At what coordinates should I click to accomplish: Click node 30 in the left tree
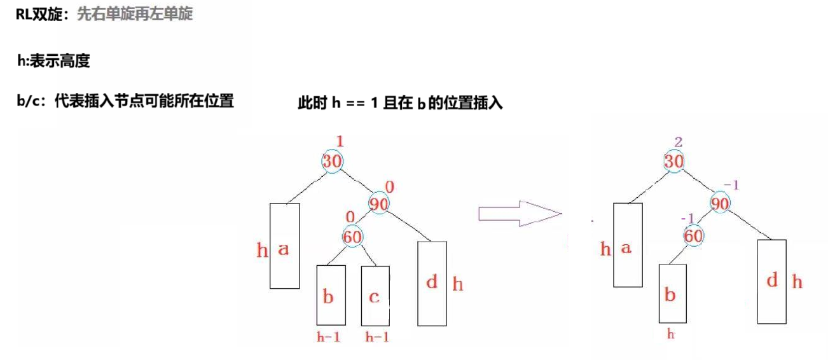[x=332, y=161]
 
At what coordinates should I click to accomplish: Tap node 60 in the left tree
[x=353, y=236]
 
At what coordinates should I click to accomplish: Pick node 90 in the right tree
[x=719, y=204]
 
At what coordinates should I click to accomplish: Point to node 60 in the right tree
[x=694, y=236]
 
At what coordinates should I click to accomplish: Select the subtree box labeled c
[x=375, y=296]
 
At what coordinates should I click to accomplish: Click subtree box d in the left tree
[x=432, y=282]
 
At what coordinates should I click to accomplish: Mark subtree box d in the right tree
[x=772, y=280]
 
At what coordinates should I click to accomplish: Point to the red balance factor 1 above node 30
[x=339, y=141]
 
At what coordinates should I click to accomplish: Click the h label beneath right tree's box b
[x=670, y=334]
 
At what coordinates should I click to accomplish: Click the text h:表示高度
[x=53, y=62]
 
